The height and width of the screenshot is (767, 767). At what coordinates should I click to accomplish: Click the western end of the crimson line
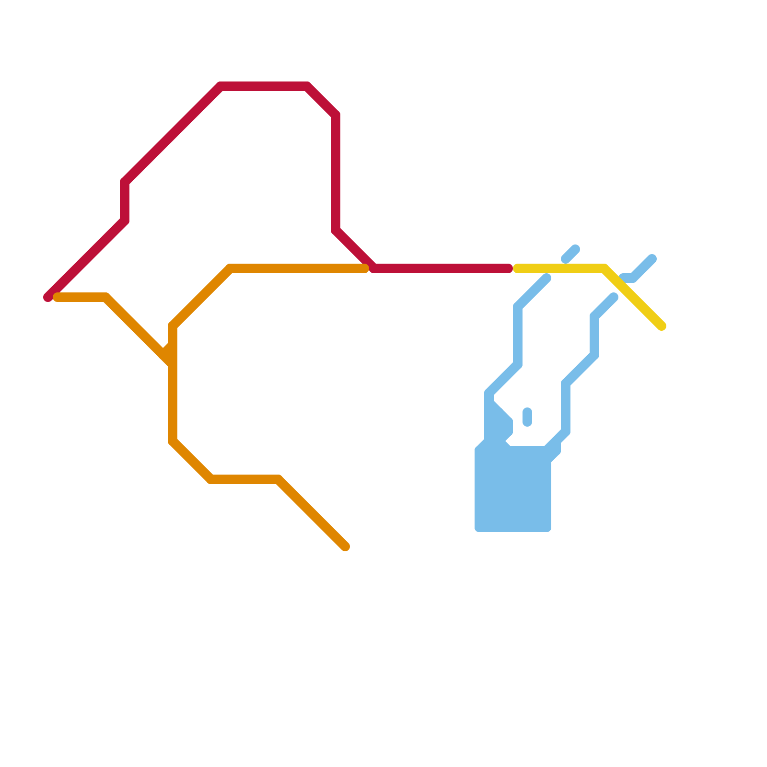[48, 297]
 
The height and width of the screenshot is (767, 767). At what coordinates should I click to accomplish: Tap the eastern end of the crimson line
[509, 268]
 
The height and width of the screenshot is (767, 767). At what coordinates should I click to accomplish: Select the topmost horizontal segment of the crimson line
[264, 86]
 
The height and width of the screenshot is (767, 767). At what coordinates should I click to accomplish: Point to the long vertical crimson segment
[336, 173]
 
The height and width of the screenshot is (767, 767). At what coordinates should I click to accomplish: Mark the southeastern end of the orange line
[345, 546]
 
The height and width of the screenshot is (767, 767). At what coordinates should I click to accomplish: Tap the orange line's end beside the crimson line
[364, 268]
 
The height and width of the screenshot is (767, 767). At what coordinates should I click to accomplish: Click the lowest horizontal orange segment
[244, 479]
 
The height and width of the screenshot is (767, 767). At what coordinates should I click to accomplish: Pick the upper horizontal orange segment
[297, 268]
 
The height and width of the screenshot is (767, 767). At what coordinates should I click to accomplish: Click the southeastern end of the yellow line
[662, 326]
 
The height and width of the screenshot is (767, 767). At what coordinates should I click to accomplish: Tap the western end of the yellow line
[517, 268]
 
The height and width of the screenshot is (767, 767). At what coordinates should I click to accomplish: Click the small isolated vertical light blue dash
[527, 417]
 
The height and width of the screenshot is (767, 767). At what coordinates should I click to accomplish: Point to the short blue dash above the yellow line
[570, 254]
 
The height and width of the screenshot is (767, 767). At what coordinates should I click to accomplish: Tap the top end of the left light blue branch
[546, 278]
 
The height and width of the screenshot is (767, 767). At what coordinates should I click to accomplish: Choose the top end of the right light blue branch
[614, 297]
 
